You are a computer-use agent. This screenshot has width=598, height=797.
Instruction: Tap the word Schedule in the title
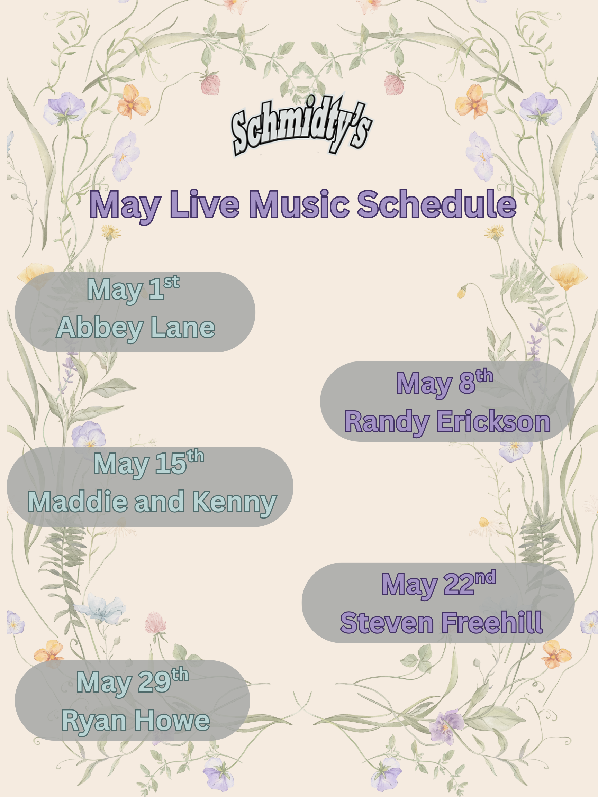click(436, 204)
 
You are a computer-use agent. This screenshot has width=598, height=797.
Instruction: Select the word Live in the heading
click(205, 204)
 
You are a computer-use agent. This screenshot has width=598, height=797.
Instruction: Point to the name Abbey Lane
click(136, 328)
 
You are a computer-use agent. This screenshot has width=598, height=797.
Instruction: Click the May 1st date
click(133, 289)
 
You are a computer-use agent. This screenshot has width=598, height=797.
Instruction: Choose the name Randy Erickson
click(447, 421)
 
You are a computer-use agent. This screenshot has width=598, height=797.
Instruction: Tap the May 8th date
click(444, 383)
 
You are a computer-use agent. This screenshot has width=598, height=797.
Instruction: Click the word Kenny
click(234, 502)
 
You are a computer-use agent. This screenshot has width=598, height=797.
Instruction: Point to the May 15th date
click(148, 463)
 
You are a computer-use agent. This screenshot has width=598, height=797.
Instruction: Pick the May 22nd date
click(438, 584)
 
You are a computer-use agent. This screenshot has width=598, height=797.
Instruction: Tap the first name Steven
click(387, 623)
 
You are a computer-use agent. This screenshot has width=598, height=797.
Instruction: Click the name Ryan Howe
click(136, 721)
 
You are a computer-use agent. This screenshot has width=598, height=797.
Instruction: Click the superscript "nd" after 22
click(485, 577)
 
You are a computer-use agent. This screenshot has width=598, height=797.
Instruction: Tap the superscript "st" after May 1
click(171, 282)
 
